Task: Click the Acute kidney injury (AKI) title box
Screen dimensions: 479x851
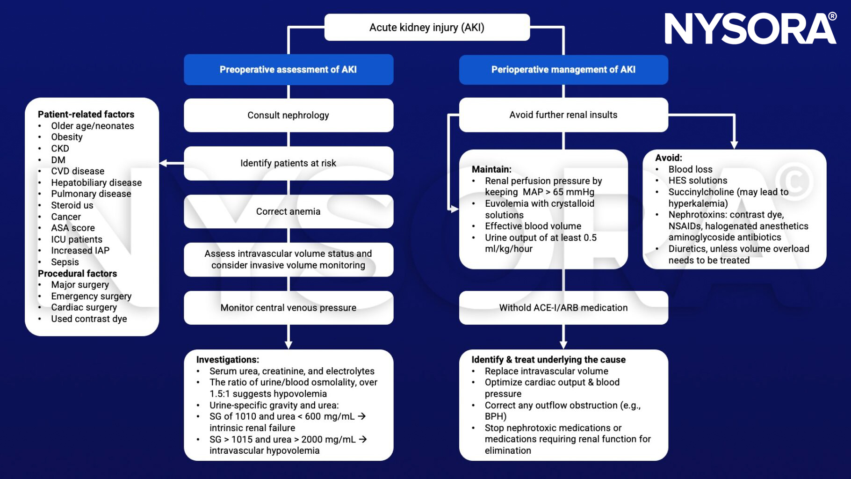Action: [x=426, y=28]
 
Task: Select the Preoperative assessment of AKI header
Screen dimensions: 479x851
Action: [x=288, y=70]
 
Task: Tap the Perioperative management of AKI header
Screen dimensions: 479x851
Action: [x=563, y=70]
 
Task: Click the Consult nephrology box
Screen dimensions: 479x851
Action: [x=288, y=115]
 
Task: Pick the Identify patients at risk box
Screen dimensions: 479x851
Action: [x=288, y=163]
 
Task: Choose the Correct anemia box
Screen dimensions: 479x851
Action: [x=288, y=211]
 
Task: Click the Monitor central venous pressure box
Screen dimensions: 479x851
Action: [x=288, y=308]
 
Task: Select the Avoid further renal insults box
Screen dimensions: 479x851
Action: [x=563, y=115]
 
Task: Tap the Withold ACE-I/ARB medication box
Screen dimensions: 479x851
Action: [x=563, y=308]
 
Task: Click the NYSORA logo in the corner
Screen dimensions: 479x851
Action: [x=750, y=29]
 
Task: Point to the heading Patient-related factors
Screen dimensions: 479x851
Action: [x=86, y=114]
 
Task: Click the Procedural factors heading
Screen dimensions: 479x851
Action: [x=77, y=274]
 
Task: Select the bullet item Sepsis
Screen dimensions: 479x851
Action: [x=65, y=262]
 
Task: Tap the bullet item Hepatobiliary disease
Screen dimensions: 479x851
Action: [x=96, y=182]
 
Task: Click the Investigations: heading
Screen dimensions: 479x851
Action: [x=227, y=360]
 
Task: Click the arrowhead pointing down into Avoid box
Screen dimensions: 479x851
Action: [x=734, y=145]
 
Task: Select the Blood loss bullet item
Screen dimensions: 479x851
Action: [x=690, y=169]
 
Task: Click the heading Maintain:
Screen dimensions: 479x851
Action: [x=491, y=169]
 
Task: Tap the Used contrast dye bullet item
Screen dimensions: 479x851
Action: [x=89, y=319]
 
